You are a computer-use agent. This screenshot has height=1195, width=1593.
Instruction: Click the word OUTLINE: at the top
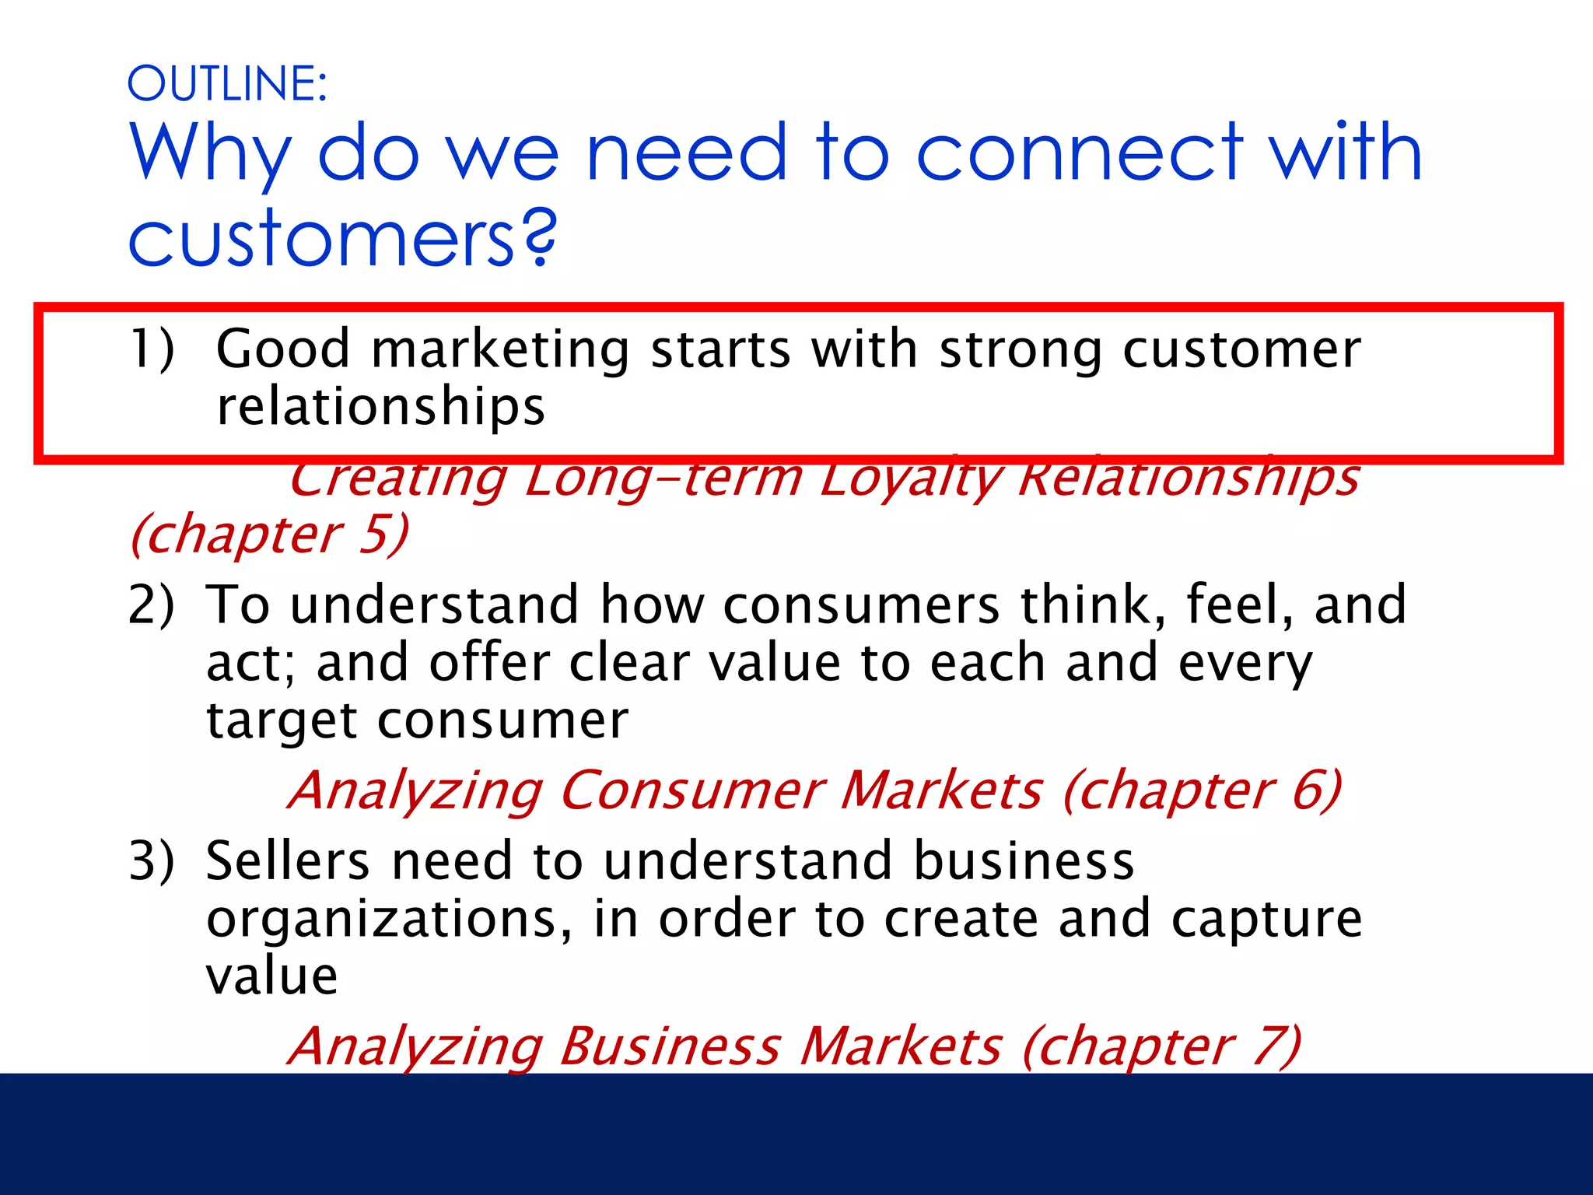[227, 84]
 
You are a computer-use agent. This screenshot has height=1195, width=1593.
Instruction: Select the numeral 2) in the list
[152, 605]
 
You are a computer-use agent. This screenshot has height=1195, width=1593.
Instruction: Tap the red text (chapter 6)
[1202, 791]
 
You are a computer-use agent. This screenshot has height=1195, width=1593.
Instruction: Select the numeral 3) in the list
[152, 861]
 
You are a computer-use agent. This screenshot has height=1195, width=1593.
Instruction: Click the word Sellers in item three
[288, 861]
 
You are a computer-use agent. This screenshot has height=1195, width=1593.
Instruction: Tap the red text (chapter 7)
[1161, 1047]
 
